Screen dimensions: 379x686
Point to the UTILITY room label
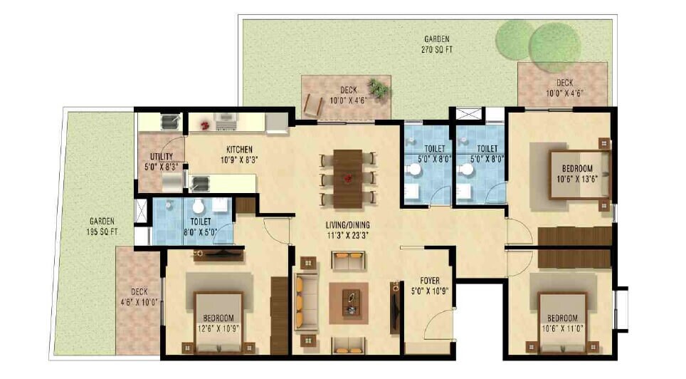point(162,161)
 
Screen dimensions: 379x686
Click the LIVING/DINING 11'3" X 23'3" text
point(348,230)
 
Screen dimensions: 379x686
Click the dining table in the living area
point(348,177)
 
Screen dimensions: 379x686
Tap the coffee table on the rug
point(350,302)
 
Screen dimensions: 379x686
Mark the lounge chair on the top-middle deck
point(312,105)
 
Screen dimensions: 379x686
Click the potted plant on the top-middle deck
point(379,89)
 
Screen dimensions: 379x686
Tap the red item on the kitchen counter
point(206,125)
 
